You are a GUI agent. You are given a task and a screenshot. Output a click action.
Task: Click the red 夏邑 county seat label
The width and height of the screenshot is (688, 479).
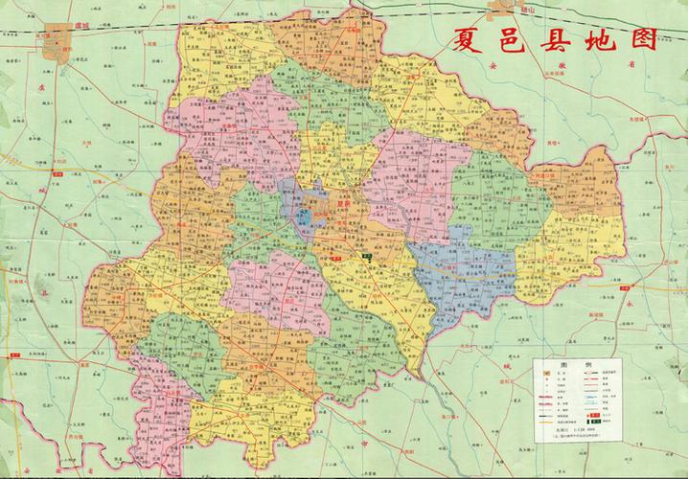point(343,203)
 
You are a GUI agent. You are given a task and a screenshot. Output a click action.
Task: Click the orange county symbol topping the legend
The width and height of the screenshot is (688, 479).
point(545,372)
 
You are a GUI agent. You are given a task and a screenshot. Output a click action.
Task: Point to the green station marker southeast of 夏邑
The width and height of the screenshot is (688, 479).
point(367,256)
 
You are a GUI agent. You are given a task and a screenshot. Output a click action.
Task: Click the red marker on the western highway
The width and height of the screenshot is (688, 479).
point(16,355)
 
